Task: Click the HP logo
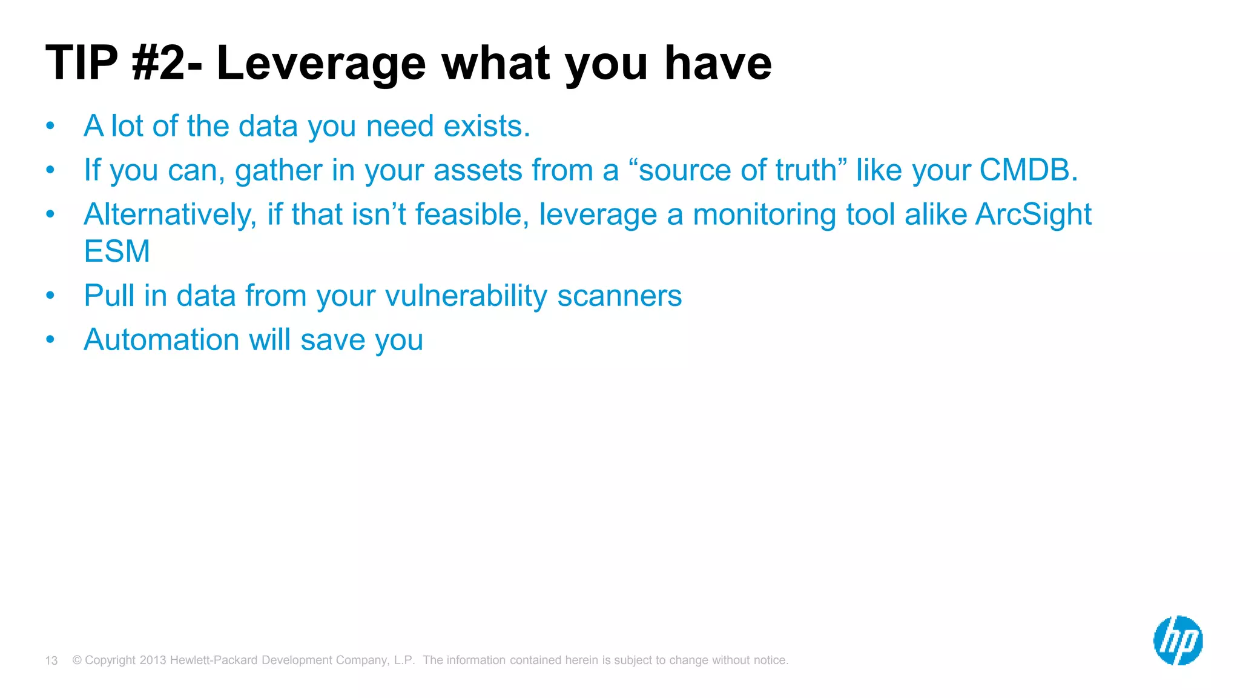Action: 1178,640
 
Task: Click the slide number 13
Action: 51,660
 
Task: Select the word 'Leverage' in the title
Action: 322,64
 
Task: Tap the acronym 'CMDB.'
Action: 1029,170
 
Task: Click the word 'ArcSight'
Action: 1033,214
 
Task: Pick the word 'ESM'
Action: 117,251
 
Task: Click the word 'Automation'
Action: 162,339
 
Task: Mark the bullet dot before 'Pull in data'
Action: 50,296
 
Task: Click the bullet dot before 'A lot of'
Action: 50,126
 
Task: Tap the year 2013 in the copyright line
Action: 153,660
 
